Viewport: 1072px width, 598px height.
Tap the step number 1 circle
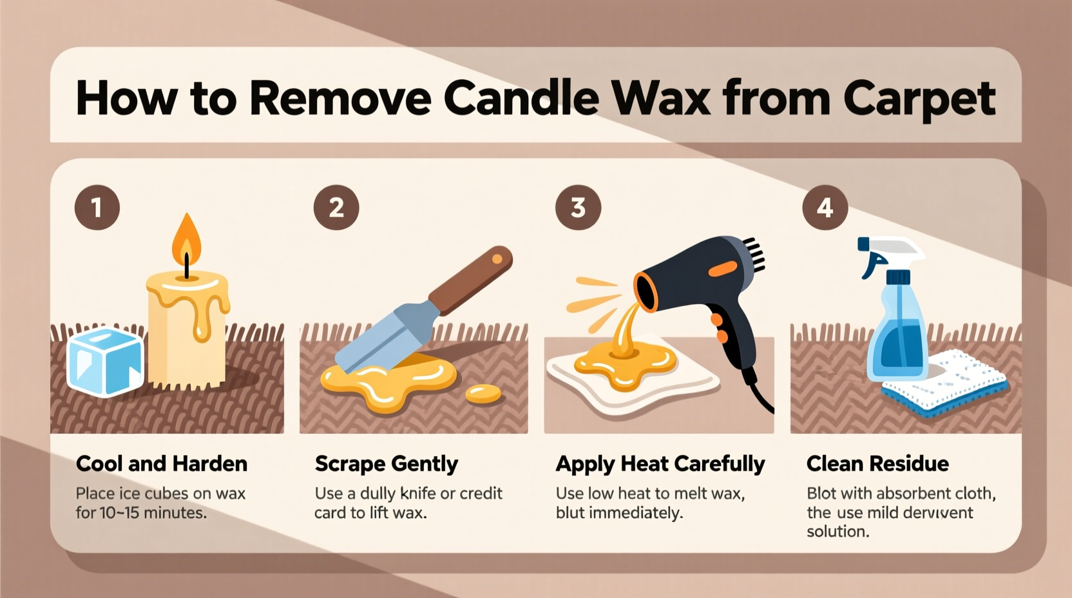[x=97, y=207]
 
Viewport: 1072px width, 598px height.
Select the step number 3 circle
[x=578, y=207]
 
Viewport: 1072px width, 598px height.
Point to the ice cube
[x=105, y=361]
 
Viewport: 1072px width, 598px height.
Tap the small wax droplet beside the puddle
[x=483, y=393]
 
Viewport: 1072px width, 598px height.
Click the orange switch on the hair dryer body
[x=722, y=269]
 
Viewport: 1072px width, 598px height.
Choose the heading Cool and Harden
[x=161, y=463]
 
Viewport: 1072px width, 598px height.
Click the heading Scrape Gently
[x=386, y=463]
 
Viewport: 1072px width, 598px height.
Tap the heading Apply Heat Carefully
[x=660, y=463]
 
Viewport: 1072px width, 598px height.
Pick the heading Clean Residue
[x=877, y=463]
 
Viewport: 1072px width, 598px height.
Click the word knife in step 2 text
[x=417, y=494]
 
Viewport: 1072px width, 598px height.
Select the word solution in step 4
[x=837, y=532]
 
